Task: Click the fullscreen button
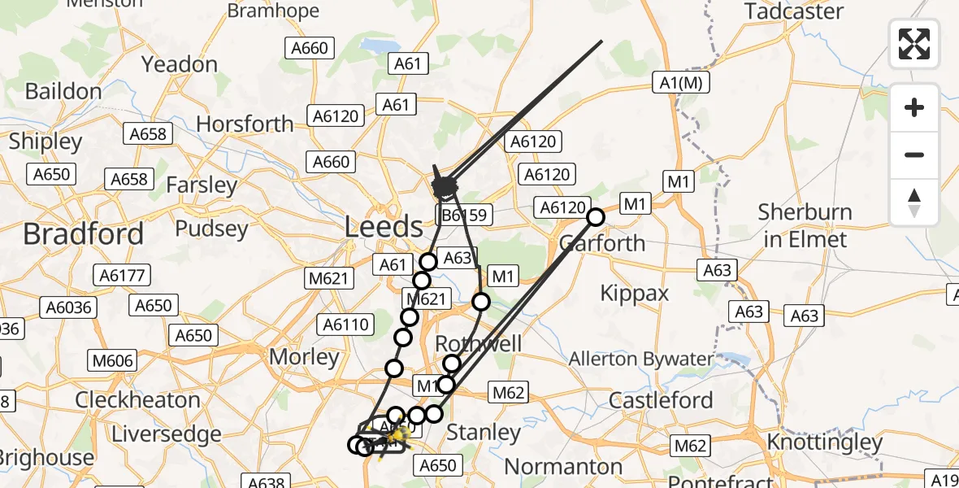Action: click(914, 43)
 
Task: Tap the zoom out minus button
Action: click(914, 155)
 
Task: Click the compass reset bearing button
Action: click(914, 202)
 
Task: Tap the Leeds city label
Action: click(384, 226)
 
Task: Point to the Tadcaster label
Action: click(794, 11)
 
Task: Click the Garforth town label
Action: click(602, 242)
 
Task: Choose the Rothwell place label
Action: click(478, 343)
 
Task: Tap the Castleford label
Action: click(661, 400)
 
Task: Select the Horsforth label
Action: click(245, 124)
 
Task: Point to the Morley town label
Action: click(304, 356)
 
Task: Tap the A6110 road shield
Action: click(345, 325)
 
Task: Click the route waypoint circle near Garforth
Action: click(596, 217)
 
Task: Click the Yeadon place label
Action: click(180, 64)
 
